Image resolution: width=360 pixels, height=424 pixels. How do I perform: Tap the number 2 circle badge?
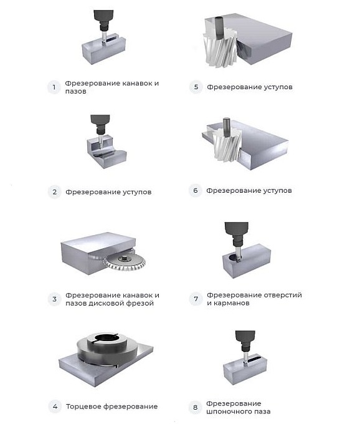click(x=54, y=192)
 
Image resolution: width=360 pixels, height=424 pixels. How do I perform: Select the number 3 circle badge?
click(x=54, y=299)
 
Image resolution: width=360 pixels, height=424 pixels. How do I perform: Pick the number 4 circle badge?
click(x=54, y=407)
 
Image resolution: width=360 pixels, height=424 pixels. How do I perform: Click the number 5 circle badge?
click(x=196, y=87)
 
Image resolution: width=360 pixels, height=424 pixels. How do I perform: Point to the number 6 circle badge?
click(x=196, y=191)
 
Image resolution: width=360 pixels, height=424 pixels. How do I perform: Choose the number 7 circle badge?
click(x=196, y=299)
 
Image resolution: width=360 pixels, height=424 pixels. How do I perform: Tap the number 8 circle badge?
click(x=196, y=408)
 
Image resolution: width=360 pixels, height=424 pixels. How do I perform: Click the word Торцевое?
click(x=83, y=407)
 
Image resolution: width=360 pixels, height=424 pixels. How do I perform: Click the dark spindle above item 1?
click(x=101, y=15)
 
